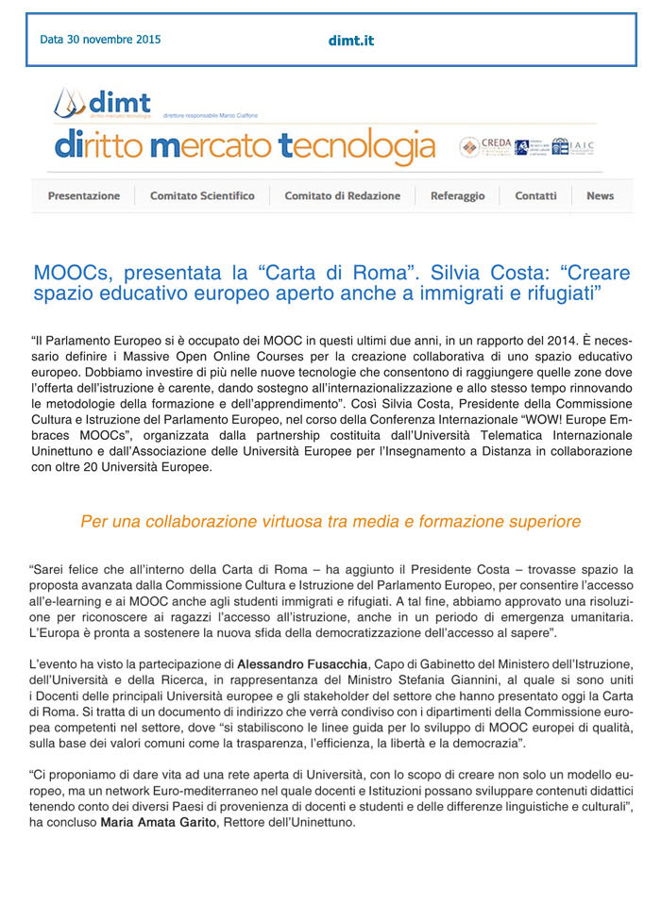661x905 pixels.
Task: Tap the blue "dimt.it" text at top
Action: point(351,41)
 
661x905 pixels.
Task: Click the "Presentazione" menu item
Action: point(84,195)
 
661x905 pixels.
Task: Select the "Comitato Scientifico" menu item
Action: point(202,195)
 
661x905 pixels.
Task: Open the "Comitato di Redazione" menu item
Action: point(342,195)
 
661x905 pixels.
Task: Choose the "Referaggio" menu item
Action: point(457,195)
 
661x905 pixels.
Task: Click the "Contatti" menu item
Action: point(535,195)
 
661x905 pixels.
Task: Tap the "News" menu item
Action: point(600,195)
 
